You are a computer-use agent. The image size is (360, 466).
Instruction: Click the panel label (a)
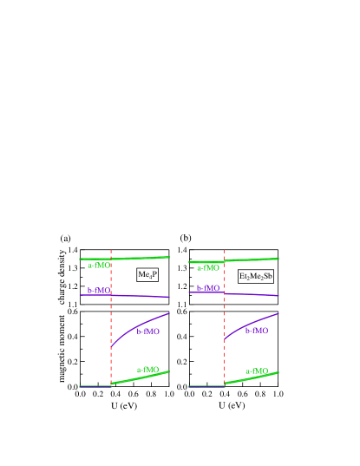[65, 238]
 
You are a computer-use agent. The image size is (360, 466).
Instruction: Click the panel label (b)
[185, 238]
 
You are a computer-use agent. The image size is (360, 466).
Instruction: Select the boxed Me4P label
[147, 274]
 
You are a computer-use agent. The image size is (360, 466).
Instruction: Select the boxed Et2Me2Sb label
[256, 276]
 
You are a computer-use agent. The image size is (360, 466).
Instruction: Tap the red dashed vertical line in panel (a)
[111, 321]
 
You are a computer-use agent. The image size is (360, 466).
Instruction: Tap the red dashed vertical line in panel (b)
[224, 321]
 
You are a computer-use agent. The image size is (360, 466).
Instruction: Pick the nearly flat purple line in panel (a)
[139, 297]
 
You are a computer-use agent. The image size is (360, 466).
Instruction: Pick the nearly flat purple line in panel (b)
[252, 295]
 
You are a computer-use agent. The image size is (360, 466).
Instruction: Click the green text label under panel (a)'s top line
[99, 266]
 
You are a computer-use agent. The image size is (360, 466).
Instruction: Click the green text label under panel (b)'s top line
[208, 268]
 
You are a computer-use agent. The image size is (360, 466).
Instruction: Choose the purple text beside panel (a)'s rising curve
[148, 331]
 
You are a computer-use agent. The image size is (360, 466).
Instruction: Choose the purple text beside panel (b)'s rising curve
[257, 331]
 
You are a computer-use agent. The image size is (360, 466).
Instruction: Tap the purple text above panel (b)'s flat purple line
[208, 288]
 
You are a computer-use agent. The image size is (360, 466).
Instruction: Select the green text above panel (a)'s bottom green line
[148, 370]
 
